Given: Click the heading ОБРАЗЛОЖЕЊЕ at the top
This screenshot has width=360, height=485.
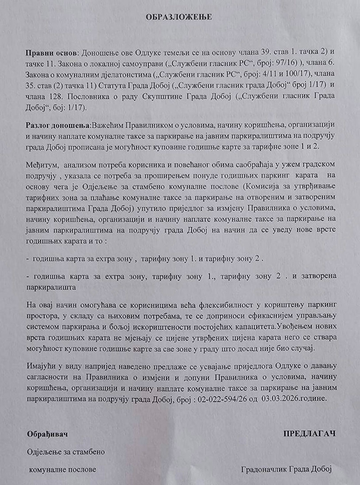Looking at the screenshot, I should pyautogui.click(x=179, y=17).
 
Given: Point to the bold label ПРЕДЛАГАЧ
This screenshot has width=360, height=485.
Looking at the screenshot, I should pyautogui.click(x=309, y=434).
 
